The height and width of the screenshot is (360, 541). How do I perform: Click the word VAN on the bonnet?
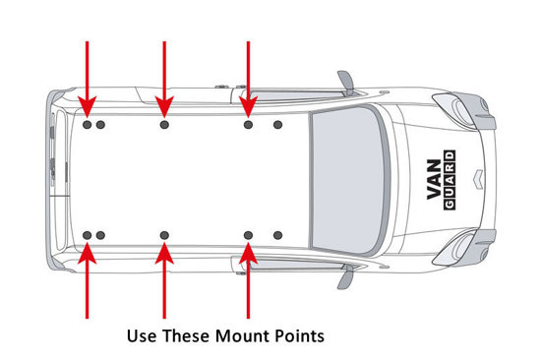pyautogui.click(x=434, y=179)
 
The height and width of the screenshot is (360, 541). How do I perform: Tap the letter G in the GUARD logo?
pyautogui.click(x=450, y=205)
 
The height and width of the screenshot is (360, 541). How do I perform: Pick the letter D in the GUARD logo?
pyautogui.click(x=450, y=155)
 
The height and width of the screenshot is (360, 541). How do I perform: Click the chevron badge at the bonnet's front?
pyautogui.click(x=476, y=179)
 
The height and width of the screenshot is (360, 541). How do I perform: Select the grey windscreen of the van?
pyautogui.click(x=348, y=180)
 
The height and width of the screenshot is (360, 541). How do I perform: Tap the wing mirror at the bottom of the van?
pyautogui.click(x=346, y=277)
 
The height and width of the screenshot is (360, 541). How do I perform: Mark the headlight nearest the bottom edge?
pyautogui.click(x=460, y=249)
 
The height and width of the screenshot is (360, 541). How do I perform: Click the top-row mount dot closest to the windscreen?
pyautogui.click(x=277, y=125)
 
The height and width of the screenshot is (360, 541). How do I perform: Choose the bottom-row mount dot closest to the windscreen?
pyautogui.click(x=277, y=235)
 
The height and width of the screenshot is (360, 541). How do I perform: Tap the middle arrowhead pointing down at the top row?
pyautogui.click(x=164, y=106)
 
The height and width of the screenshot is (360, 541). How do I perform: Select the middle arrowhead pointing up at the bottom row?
pyautogui.click(x=164, y=253)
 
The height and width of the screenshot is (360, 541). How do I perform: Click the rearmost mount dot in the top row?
pyautogui.click(x=88, y=125)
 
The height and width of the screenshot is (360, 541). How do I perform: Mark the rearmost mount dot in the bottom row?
pyautogui.click(x=88, y=235)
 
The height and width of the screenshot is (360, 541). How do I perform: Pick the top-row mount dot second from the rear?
pyautogui.click(x=100, y=125)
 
